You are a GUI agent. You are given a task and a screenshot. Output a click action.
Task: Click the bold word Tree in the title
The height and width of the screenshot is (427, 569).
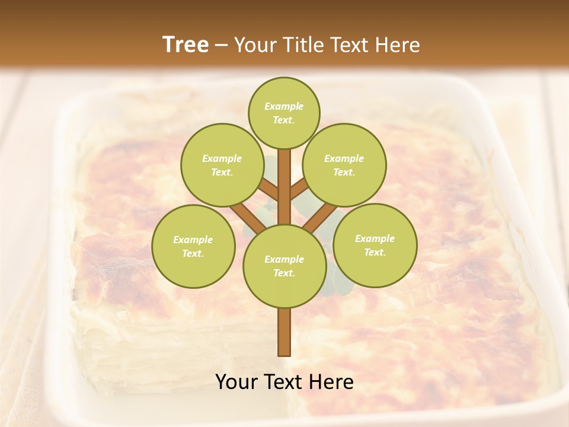click(x=186, y=45)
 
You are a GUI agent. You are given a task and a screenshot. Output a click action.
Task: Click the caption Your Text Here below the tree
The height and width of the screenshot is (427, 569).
click(x=284, y=382)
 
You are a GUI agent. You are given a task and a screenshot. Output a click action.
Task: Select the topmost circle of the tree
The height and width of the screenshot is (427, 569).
click(x=284, y=113)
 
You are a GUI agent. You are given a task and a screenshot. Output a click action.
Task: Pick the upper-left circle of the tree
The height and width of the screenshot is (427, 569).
click(x=222, y=165)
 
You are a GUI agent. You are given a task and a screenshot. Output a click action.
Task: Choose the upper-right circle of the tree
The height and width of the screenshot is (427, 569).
click(x=344, y=165)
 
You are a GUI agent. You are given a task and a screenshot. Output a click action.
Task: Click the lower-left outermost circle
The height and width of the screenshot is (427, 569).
click(x=193, y=246)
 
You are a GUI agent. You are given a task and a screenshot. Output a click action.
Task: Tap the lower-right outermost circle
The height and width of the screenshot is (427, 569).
click(x=375, y=245)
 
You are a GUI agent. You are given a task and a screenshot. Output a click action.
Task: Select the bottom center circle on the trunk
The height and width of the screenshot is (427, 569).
click(x=284, y=266)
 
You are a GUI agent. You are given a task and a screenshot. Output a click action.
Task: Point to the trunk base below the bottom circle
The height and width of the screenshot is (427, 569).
click(x=284, y=332)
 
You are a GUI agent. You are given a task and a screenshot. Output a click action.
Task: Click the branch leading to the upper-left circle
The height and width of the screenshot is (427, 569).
click(x=268, y=190)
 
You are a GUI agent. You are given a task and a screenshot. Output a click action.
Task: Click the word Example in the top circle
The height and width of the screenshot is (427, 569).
click(x=283, y=106)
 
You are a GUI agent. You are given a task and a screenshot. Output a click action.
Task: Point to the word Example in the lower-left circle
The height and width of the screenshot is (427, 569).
click(x=193, y=240)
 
